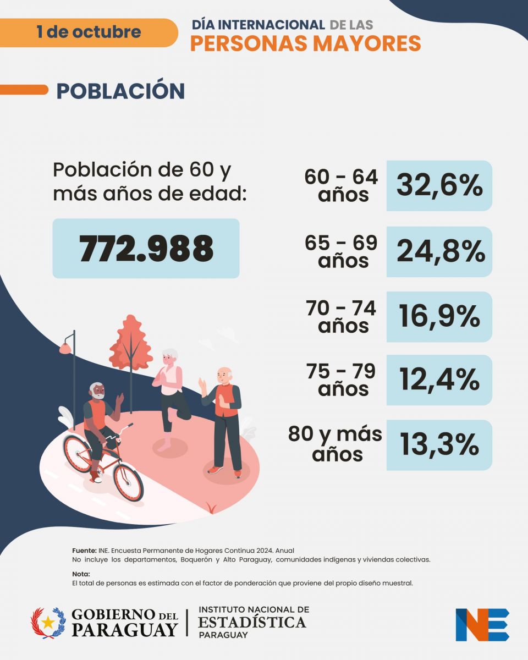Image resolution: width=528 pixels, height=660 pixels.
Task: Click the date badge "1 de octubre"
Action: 89,32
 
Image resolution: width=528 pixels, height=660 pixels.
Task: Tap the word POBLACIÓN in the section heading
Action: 120,91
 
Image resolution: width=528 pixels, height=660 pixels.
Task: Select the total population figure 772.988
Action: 146,249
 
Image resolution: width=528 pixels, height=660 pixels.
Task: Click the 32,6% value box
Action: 439,186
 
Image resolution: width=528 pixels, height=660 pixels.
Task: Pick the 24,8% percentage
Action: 439,251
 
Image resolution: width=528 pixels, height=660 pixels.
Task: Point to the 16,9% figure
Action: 439,317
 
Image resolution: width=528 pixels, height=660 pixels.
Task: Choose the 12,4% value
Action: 439,380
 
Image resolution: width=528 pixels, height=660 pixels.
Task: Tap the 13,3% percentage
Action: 439,445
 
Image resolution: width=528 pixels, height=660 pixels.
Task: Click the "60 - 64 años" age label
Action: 342,185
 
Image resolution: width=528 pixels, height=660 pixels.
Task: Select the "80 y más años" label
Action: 335,444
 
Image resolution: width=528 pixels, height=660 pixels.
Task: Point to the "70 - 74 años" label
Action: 342,317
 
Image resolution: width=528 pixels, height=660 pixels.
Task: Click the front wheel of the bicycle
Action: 128,481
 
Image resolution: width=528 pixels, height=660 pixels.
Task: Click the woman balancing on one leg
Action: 172,396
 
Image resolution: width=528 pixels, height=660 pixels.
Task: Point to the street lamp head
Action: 65,348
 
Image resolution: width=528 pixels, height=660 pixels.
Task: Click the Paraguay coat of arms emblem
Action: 48,623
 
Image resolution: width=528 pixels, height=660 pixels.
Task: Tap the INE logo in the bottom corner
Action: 482,624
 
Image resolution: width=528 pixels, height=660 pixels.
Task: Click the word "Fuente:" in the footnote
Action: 84,550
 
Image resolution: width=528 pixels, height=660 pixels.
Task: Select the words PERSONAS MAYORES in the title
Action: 305,43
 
